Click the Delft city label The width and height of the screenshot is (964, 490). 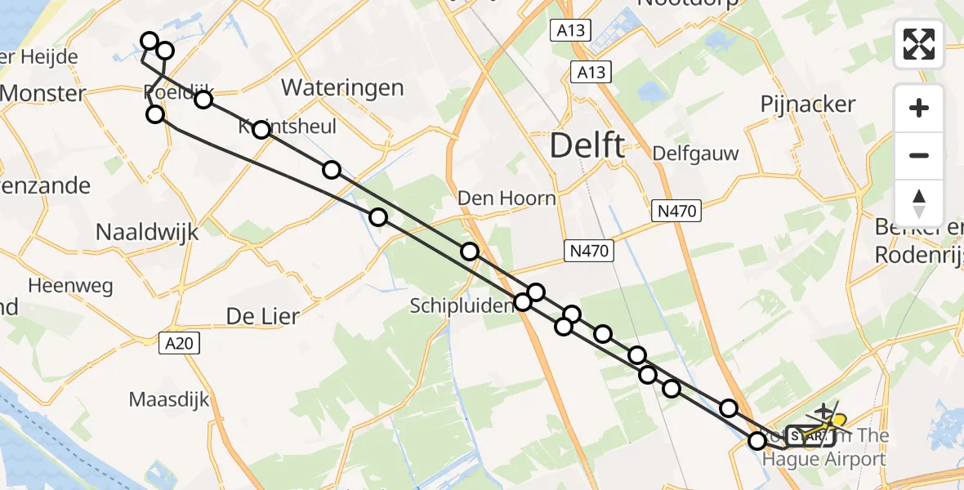(587, 146)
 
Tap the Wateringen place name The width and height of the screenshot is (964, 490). (342, 87)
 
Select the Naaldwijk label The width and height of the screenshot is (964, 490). (147, 231)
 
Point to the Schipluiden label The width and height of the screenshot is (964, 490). (462, 305)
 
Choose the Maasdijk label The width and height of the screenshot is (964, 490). (169, 400)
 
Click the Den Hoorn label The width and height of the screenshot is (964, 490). (507, 198)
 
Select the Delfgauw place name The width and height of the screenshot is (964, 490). (696, 154)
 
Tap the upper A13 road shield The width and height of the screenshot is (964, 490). (570, 30)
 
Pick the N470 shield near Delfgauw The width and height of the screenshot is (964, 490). (676, 212)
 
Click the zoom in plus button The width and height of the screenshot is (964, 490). (919, 108)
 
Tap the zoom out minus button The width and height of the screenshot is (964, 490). (919, 155)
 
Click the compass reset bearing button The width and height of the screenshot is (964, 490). (919, 203)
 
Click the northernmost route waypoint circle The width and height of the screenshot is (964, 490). (150, 41)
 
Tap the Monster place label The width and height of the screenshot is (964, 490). (43, 93)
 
